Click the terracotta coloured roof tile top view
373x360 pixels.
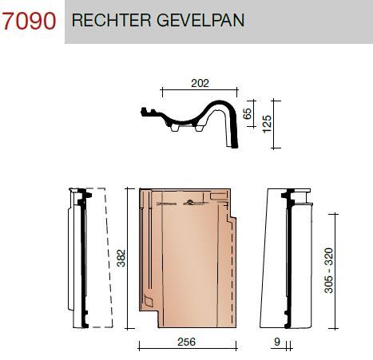(x=184, y=255)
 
